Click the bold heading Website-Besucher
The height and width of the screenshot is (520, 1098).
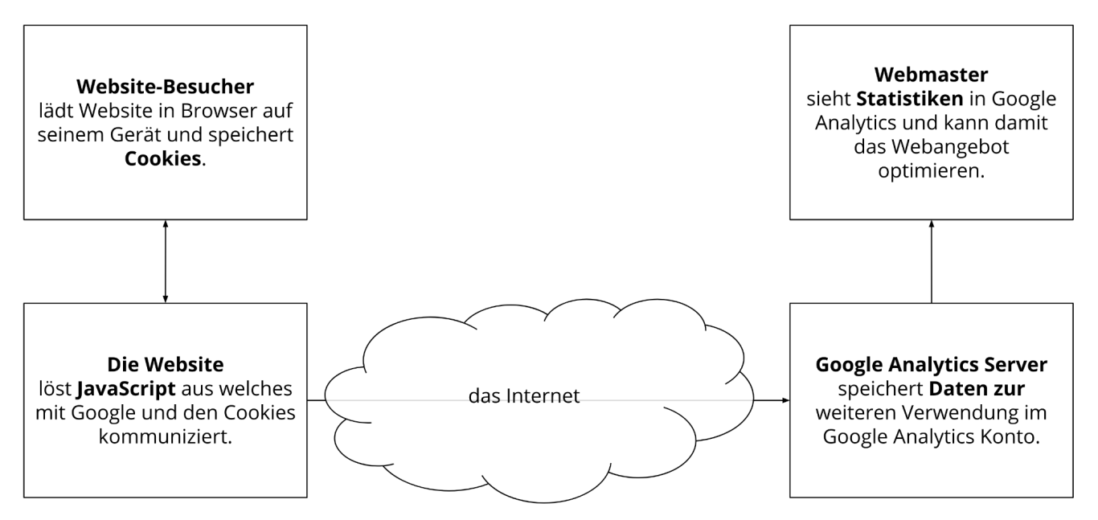point(166,87)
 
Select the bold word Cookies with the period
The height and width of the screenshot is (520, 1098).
point(166,159)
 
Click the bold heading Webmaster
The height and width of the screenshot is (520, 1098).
point(931,75)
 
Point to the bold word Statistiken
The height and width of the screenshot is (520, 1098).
point(909,99)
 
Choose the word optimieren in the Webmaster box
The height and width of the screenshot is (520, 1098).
point(931,171)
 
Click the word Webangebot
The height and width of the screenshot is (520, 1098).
point(950,147)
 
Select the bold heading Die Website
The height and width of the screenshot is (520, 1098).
point(166,365)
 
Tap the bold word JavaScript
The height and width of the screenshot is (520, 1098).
point(126,389)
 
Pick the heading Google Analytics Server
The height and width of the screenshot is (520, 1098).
point(931,365)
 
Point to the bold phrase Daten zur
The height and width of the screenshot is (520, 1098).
point(977,389)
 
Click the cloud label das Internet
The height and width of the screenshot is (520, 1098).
point(524,396)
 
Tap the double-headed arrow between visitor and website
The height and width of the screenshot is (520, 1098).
point(166,261)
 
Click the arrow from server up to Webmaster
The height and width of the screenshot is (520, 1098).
point(932,261)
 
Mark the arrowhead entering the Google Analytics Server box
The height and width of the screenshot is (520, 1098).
point(786,400)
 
